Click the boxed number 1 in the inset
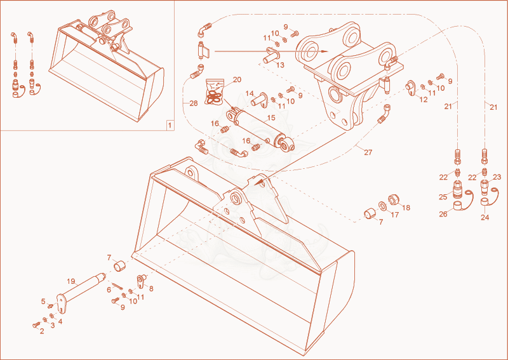(x=170, y=125)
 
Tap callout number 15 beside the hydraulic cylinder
(x=271, y=117)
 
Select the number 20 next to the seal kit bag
(x=237, y=79)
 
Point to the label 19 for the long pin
(x=71, y=281)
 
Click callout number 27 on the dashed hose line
(x=368, y=152)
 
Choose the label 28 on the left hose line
(x=194, y=103)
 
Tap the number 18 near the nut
(x=406, y=208)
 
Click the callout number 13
(x=280, y=65)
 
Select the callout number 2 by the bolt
(x=42, y=331)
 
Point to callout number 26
(x=443, y=214)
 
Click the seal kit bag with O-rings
(x=215, y=93)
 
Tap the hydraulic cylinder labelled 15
(x=261, y=129)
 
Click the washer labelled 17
(x=382, y=206)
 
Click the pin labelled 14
(x=259, y=99)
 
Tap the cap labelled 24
(x=485, y=201)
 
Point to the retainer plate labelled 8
(x=140, y=281)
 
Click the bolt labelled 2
(x=36, y=324)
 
